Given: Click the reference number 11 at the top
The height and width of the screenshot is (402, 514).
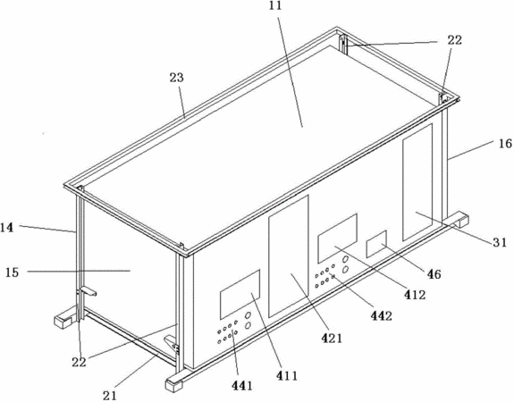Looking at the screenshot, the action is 275,5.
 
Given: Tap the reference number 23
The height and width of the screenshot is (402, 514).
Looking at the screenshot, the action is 177,78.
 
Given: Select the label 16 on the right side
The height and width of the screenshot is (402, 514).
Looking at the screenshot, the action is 505,144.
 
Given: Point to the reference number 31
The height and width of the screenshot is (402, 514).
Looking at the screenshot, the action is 501,242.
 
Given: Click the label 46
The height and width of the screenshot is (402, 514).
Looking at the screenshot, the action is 434,274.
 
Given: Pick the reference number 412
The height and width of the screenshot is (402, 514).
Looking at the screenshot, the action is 415,295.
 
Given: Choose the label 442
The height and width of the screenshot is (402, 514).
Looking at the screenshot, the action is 381,316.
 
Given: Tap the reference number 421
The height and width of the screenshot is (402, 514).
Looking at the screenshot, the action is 331,338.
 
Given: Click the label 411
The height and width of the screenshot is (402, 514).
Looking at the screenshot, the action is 287,376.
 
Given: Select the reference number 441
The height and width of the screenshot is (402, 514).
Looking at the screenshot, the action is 242,386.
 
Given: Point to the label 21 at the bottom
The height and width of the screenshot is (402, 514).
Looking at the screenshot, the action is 109,396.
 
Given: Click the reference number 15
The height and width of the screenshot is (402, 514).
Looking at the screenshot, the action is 13,272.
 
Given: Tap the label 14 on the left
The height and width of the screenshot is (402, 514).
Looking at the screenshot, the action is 6,228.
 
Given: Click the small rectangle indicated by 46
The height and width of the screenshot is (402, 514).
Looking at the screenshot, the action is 376,244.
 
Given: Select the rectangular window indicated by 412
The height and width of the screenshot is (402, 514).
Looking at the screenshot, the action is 337,239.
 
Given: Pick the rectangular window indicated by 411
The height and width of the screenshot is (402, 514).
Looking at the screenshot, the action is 240,294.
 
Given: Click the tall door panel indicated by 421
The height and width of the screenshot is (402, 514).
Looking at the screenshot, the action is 289,256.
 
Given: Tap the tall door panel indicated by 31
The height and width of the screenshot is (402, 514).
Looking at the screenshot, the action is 417,181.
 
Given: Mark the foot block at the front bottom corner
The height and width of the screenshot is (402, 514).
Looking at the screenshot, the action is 174,384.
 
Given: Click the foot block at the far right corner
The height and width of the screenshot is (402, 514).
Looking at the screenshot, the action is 459,219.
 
